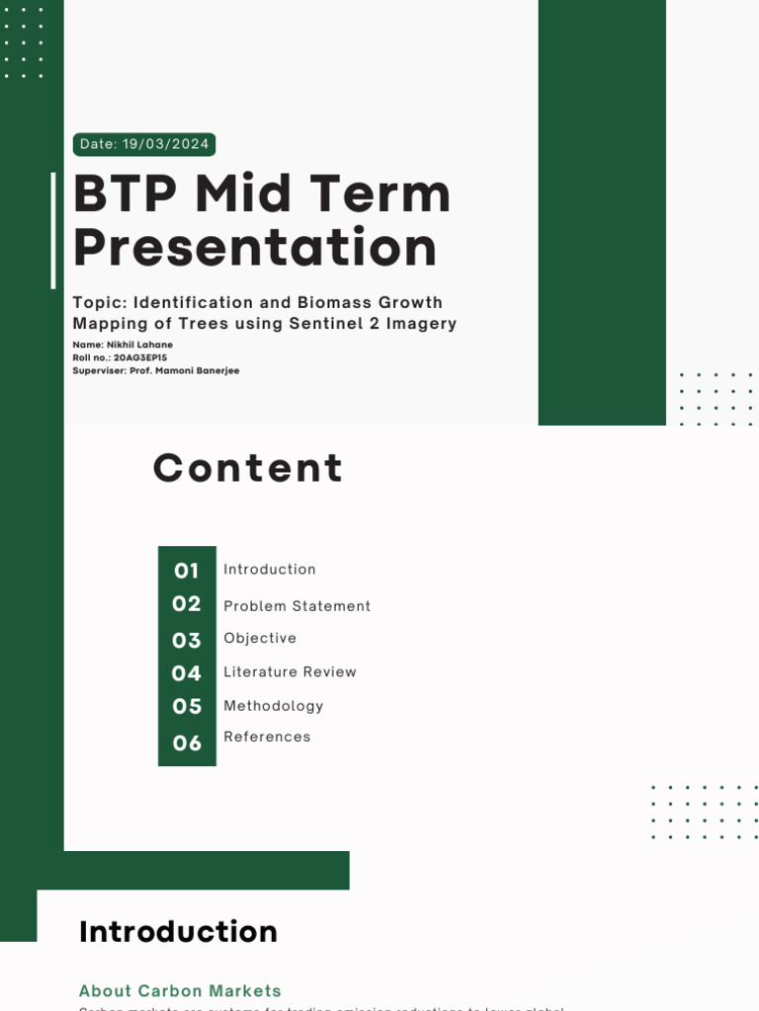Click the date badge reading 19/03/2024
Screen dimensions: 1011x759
144,144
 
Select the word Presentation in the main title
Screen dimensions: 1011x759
255,247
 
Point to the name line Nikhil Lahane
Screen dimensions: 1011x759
123,345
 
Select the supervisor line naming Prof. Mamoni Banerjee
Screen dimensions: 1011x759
156,370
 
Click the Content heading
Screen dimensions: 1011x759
248,468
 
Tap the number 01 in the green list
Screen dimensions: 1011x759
187,571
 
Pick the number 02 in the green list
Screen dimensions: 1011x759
187,604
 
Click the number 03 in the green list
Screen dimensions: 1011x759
187,641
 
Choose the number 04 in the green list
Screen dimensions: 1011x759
187,673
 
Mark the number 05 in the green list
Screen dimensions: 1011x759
187,707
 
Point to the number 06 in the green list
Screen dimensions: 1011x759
187,743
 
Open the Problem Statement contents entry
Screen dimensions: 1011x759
296,606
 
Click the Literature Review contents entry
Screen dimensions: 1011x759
290,672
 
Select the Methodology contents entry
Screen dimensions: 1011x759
273,706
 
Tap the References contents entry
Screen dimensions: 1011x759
267,737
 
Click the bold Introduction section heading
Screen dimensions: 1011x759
178,932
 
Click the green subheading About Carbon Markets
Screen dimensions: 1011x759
180,990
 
